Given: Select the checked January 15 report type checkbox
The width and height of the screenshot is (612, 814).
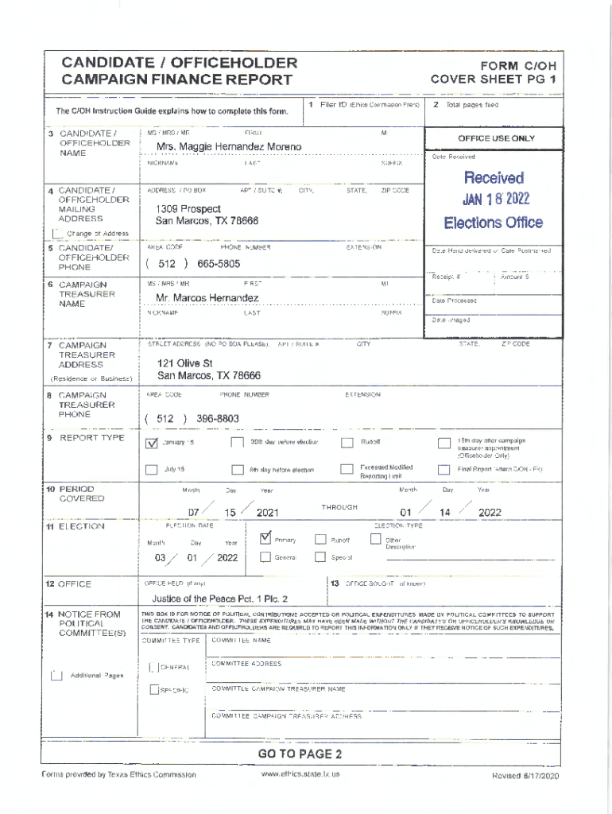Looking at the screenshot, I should [152, 443].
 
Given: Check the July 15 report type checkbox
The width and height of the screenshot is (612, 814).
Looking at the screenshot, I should [152, 469].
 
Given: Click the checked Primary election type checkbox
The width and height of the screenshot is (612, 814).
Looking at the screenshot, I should [265, 539].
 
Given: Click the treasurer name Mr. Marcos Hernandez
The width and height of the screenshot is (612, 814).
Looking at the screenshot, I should [207, 298].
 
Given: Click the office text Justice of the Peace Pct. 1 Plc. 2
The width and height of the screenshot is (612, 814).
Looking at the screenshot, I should [220, 599].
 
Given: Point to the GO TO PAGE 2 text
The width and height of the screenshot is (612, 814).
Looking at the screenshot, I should [300, 754].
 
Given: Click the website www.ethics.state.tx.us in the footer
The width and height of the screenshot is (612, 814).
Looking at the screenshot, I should [300, 774].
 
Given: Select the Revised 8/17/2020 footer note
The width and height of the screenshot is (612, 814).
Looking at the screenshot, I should [526, 775].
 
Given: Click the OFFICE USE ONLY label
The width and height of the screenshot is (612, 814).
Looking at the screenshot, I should [496, 138].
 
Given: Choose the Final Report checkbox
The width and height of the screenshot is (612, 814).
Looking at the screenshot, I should [444, 469].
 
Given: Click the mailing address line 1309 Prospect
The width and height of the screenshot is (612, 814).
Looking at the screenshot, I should [188, 208].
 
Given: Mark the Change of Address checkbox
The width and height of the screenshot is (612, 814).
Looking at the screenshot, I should [56, 234].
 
